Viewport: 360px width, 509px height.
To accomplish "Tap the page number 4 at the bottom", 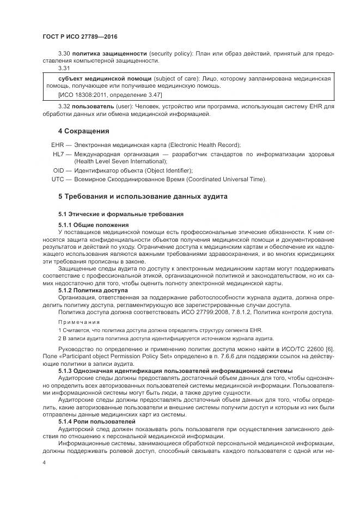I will (x=44, y=462).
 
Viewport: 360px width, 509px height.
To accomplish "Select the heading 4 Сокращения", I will (x=84, y=131).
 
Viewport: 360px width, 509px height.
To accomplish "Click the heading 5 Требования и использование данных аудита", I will (x=142, y=195).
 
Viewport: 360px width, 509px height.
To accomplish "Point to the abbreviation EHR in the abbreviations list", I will (x=58, y=145).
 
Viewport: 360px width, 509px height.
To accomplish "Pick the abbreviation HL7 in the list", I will (x=58, y=155).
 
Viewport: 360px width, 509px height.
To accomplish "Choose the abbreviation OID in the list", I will (x=58, y=170).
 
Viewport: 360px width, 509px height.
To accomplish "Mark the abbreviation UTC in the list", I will (x=58, y=179).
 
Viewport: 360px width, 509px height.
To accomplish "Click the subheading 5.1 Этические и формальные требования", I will (x=121, y=213).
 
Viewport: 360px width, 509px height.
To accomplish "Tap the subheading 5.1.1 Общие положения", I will (x=93, y=224).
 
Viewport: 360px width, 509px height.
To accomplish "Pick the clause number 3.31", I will (x=64, y=68).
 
